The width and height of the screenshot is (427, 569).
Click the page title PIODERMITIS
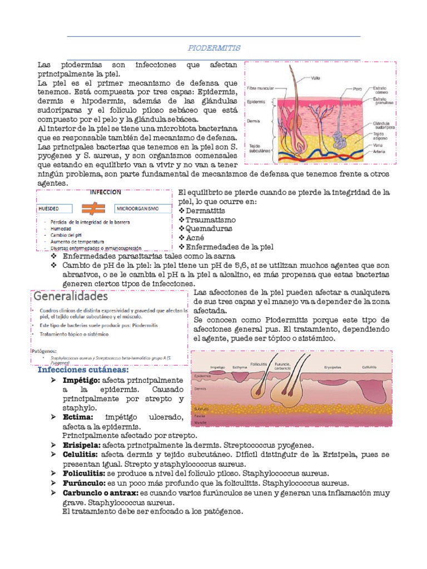(213, 48)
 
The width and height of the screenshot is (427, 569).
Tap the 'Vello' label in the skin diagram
(315, 77)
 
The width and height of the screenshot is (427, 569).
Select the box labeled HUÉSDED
(56, 209)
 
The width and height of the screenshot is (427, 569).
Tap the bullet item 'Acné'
(195, 237)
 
